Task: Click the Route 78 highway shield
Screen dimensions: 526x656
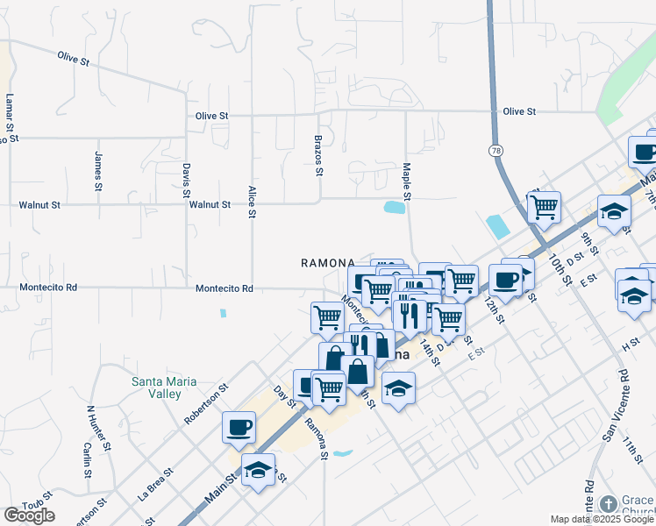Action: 496,151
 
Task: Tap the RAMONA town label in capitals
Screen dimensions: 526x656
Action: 327,262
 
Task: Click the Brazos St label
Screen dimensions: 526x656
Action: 319,154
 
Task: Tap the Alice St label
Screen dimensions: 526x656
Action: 252,202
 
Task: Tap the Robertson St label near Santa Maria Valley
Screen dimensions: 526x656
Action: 206,403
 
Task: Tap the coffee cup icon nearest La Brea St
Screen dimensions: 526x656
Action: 239,428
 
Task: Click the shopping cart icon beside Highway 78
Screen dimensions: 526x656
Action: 544,208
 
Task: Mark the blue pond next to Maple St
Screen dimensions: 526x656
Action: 394,208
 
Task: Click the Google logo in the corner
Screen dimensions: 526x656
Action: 29,515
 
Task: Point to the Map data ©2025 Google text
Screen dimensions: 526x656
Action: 601,519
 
